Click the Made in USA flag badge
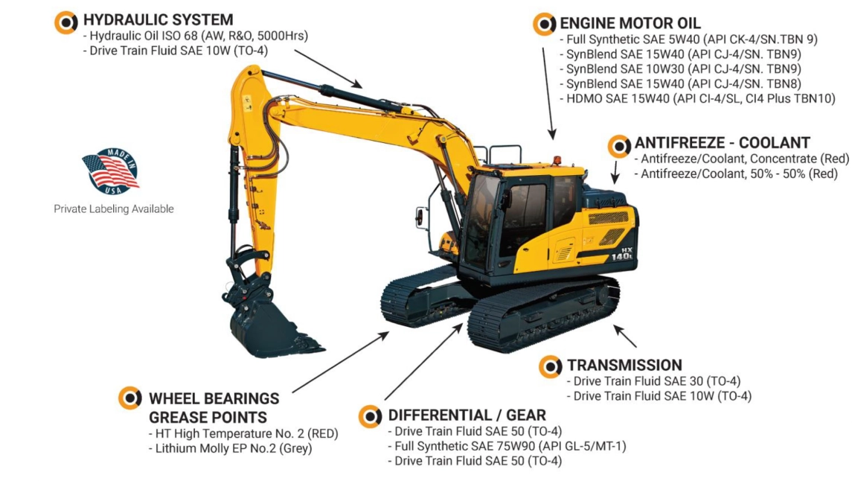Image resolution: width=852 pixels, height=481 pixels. [x=111, y=171]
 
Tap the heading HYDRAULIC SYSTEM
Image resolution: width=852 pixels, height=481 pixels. [x=158, y=20]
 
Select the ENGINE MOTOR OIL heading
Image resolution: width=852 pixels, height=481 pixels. [x=630, y=23]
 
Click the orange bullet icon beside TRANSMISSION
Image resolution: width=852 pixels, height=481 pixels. [x=551, y=367]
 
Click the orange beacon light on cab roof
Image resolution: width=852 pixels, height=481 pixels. [x=557, y=162]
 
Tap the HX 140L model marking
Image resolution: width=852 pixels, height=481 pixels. [x=622, y=253]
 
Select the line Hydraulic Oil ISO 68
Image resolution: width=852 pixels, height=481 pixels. [x=196, y=36]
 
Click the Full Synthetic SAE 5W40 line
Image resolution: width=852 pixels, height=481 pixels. [x=688, y=39]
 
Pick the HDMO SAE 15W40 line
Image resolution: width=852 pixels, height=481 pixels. [x=698, y=98]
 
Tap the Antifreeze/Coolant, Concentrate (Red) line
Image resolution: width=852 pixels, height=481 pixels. [x=742, y=159]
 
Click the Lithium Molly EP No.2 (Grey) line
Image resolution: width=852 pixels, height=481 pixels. [x=231, y=448]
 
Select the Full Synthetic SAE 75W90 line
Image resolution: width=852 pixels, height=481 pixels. [x=507, y=446]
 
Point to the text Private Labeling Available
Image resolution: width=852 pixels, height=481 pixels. [x=114, y=208]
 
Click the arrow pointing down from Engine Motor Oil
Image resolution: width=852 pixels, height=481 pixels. [x=548, y=94]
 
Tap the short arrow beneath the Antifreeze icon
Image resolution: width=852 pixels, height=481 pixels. [x=615, y=172]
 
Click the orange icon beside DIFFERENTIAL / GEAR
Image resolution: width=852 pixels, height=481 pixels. [x=370, y=417]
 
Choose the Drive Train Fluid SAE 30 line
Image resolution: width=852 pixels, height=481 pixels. [x=653, y=381]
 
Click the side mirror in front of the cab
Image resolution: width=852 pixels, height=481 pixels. [x=420, y=217]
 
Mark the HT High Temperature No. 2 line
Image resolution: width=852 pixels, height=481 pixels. [x=243, y=433]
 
